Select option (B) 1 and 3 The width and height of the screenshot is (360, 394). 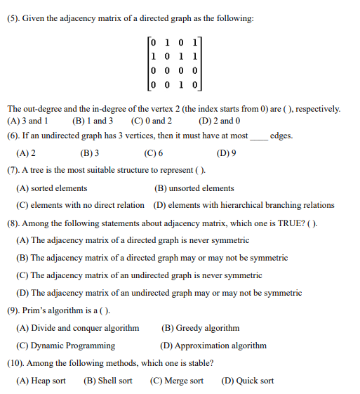click(92, 120)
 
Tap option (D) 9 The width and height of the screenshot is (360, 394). click(227, 152)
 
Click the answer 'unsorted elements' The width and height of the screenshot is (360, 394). click(194, 188)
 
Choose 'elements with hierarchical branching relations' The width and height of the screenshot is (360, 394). click(244, 205)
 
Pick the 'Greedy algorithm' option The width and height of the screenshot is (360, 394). click(200, 328)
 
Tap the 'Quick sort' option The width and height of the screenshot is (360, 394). click(247, 381)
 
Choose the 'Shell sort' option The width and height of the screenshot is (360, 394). click(107, 381)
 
